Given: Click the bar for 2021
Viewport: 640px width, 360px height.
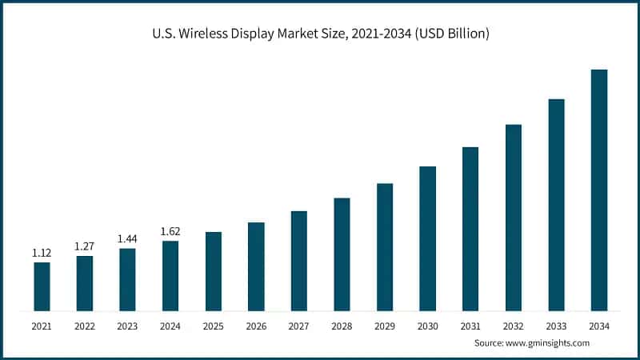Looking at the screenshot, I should click(x=42, y=286).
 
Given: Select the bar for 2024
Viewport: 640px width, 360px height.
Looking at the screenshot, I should click(x=170, y=275).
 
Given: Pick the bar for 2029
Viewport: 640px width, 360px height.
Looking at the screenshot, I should click(x=385, y=247).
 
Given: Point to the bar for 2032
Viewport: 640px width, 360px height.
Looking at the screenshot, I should click(x=514, y=218).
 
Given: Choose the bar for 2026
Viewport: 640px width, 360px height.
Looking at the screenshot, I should click(x=256, y=266).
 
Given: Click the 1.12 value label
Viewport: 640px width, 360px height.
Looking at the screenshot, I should click(x=42, y=253).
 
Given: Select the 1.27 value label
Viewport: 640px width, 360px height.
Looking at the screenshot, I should click(x=85, y=246).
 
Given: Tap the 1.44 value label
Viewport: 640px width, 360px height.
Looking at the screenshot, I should click(x=127, y=239).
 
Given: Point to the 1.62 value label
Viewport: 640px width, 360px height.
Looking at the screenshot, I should click(x=170, y=232).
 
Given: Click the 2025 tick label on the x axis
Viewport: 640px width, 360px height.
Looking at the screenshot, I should click(x=213, y=326).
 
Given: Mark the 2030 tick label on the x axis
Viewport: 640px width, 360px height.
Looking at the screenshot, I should click(x=427, y=326).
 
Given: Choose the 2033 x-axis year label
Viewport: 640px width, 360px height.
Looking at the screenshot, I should click(x=556, y=326).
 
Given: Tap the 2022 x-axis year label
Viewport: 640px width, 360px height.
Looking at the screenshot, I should click(x=85, y=326).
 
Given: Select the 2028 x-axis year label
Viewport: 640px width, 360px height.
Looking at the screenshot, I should click(x=342, y=326).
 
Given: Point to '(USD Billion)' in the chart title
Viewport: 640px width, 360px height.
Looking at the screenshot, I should click(x=450, y=34).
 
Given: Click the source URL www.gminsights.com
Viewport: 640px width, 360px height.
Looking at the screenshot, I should click(x=549, y=342).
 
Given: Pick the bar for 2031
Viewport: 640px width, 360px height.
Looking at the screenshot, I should click(x=470, y=229).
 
